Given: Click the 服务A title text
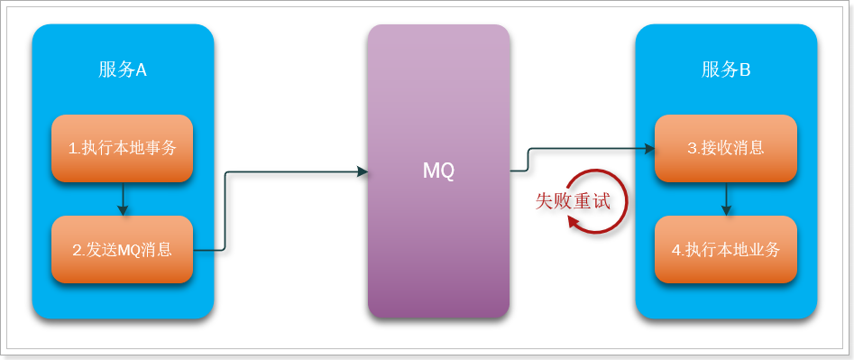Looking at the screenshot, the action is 122,70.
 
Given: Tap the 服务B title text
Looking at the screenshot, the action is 726,70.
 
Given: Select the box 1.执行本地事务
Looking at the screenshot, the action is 122,148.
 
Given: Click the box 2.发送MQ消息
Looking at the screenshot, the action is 122,249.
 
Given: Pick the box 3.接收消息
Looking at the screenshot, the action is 726,148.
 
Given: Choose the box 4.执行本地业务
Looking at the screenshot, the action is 726,249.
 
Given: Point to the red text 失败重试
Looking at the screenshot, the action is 573,200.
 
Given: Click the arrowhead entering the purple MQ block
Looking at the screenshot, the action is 363,171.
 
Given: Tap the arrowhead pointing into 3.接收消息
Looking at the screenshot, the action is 649,148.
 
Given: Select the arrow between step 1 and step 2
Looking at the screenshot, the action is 123,198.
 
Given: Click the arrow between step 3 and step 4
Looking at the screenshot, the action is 727,198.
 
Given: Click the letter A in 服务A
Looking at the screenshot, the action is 141,70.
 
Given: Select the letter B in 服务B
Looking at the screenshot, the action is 745,70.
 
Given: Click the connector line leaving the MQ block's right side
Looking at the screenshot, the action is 520,169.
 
